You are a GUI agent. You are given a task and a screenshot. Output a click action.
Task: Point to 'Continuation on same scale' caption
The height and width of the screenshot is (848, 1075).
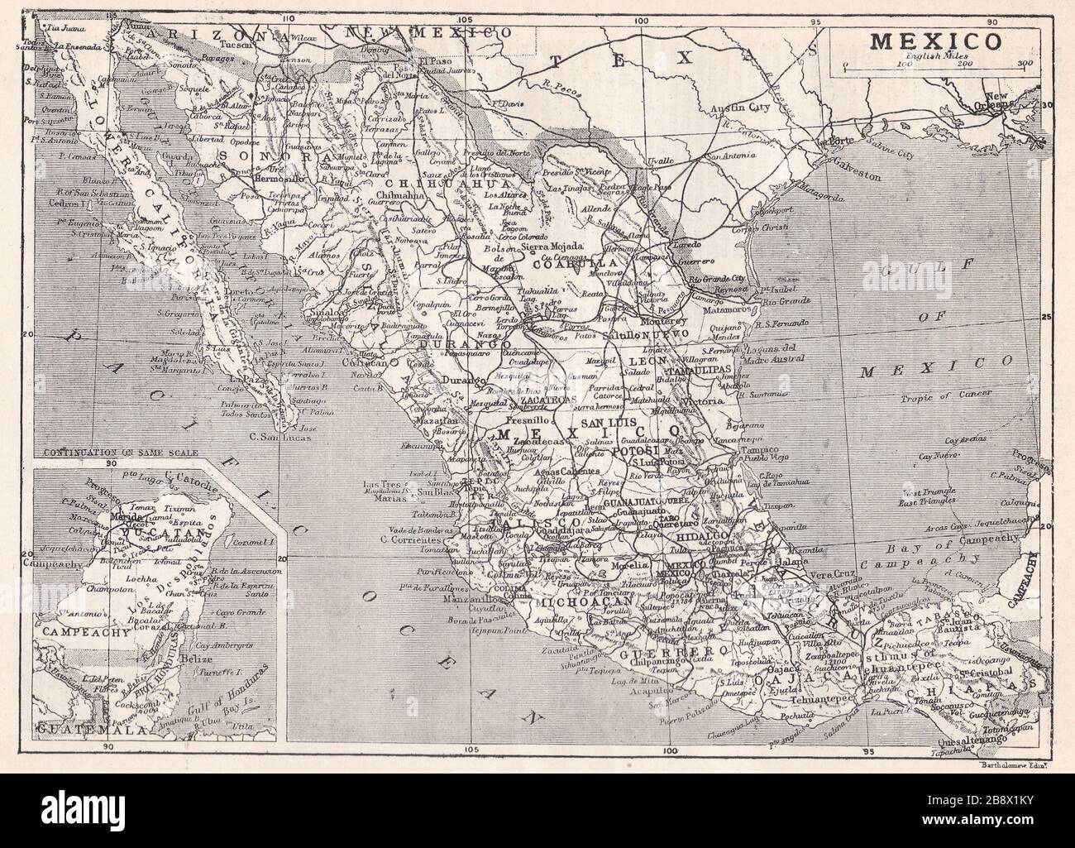(x=119, y=454)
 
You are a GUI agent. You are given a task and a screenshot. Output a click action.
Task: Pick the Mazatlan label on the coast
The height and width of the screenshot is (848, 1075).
(x=439, y=421)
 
